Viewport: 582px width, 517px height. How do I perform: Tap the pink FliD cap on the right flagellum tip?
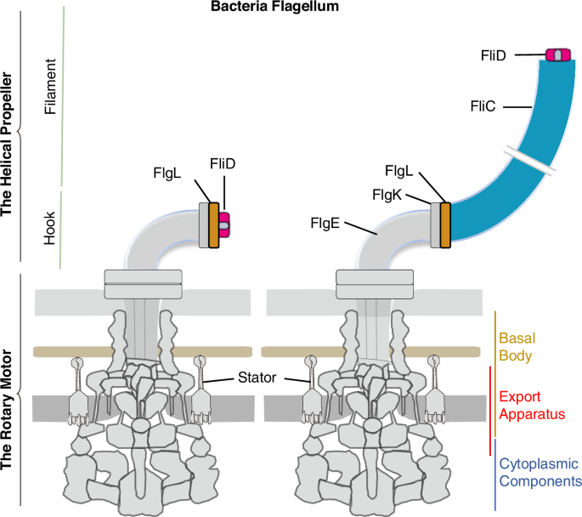tap(557, 55)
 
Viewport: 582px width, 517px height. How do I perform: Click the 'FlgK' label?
tap(388, 195)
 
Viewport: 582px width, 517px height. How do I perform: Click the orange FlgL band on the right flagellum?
tap(444, 225)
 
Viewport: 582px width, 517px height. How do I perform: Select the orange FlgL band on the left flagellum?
tap(213, 225)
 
